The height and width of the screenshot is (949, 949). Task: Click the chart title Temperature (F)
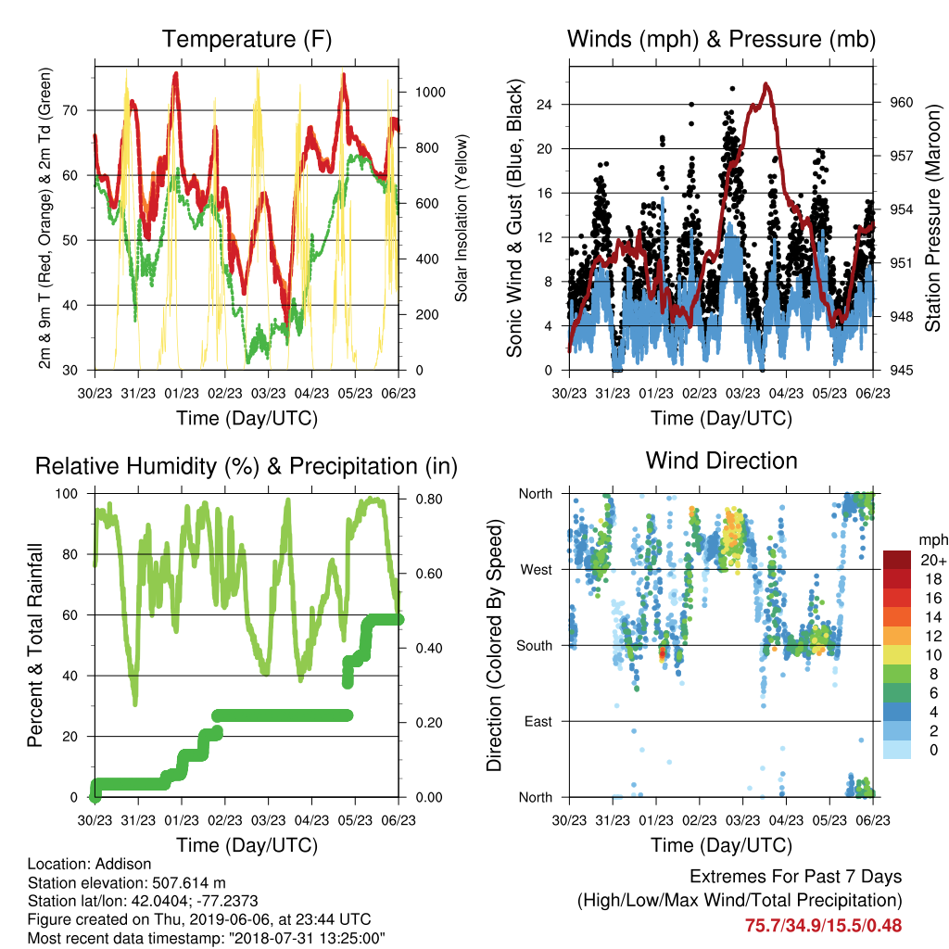coord(247,39)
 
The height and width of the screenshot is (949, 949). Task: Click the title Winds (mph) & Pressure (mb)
coord(721,39)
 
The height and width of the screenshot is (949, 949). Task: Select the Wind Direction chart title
coord(721,461)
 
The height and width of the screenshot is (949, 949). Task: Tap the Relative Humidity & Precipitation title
coord(247,467)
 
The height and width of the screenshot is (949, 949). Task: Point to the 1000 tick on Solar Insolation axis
coord(430,92)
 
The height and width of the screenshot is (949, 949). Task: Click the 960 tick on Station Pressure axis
coord(901,102)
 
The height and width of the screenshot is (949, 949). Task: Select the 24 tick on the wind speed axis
coord(544,105)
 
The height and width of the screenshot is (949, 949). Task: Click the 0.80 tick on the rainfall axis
coord(429,500)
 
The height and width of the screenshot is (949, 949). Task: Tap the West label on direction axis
coord(537,570)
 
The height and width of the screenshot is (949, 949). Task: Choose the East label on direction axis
coord(538,721)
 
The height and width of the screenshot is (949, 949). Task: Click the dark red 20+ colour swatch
coord(896,559)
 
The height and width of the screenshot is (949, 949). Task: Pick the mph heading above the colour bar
coord(932,540)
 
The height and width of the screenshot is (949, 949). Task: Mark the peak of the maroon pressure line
coord(766,83)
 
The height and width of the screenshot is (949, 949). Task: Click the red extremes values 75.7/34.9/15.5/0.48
coord(823,926)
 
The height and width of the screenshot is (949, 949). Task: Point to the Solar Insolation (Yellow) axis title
coord(462,218)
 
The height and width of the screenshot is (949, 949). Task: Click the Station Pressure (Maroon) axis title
coord(932,218)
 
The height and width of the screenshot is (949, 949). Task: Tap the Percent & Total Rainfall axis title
coord(35,645)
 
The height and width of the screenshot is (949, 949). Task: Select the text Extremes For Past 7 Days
coord(796,877)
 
